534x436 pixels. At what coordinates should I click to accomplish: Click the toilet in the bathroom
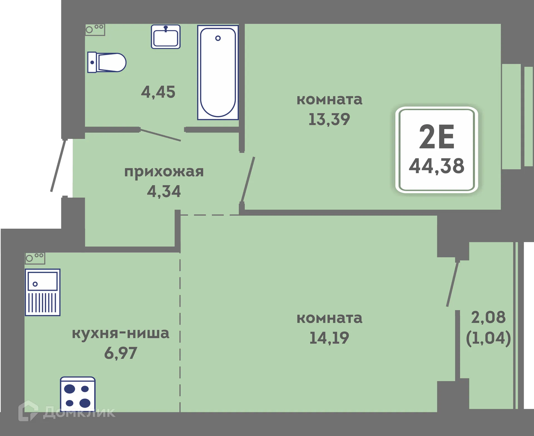click(x=107, y=62)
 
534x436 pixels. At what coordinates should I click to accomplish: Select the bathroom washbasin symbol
click(x=166, y=37)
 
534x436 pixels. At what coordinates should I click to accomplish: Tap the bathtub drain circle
click(x=218, y=38)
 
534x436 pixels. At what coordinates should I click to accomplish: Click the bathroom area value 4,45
click(x=158, y=92)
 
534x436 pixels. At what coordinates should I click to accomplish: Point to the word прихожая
click(x=164, y=171)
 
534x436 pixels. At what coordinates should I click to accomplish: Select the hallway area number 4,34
click(x=164, y=191)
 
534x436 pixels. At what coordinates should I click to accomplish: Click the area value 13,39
click(x=329, y=119)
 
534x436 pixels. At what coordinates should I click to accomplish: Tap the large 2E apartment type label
click(x=436, y=137)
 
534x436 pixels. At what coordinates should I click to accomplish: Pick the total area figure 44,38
click(x=436, y=166)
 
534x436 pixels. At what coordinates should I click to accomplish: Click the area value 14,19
click(x=329, y=338)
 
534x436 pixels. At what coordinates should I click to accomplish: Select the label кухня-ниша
click(x=120, y=333)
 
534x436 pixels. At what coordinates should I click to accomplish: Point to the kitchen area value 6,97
click(x=120, y=353)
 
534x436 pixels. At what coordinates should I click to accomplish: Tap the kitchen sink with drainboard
click(x=43, y=292)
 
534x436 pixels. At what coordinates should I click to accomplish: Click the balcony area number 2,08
click(x=488, y=317)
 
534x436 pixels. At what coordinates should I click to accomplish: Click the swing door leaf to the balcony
click(x=453, y=284)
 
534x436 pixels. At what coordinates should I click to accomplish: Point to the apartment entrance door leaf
click(x=58, y=166)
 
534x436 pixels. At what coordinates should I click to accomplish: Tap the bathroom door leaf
click(x=160, y=135)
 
